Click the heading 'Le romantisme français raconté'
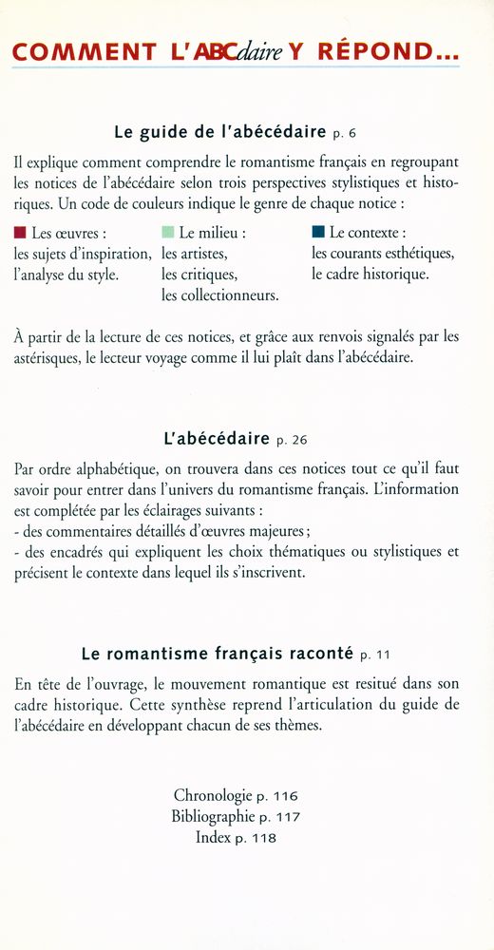(x=218, y=654)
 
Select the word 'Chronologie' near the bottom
(x=211, y=795)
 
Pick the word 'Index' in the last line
(x=214, y=837)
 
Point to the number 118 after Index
(x=263, y=838)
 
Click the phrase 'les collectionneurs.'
(x=219, y=296)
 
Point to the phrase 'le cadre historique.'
(x=370, y=275)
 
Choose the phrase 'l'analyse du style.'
(x=66, y=275)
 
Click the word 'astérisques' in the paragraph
(x=52, y=358)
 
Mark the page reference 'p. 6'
(x=347, y=133)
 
